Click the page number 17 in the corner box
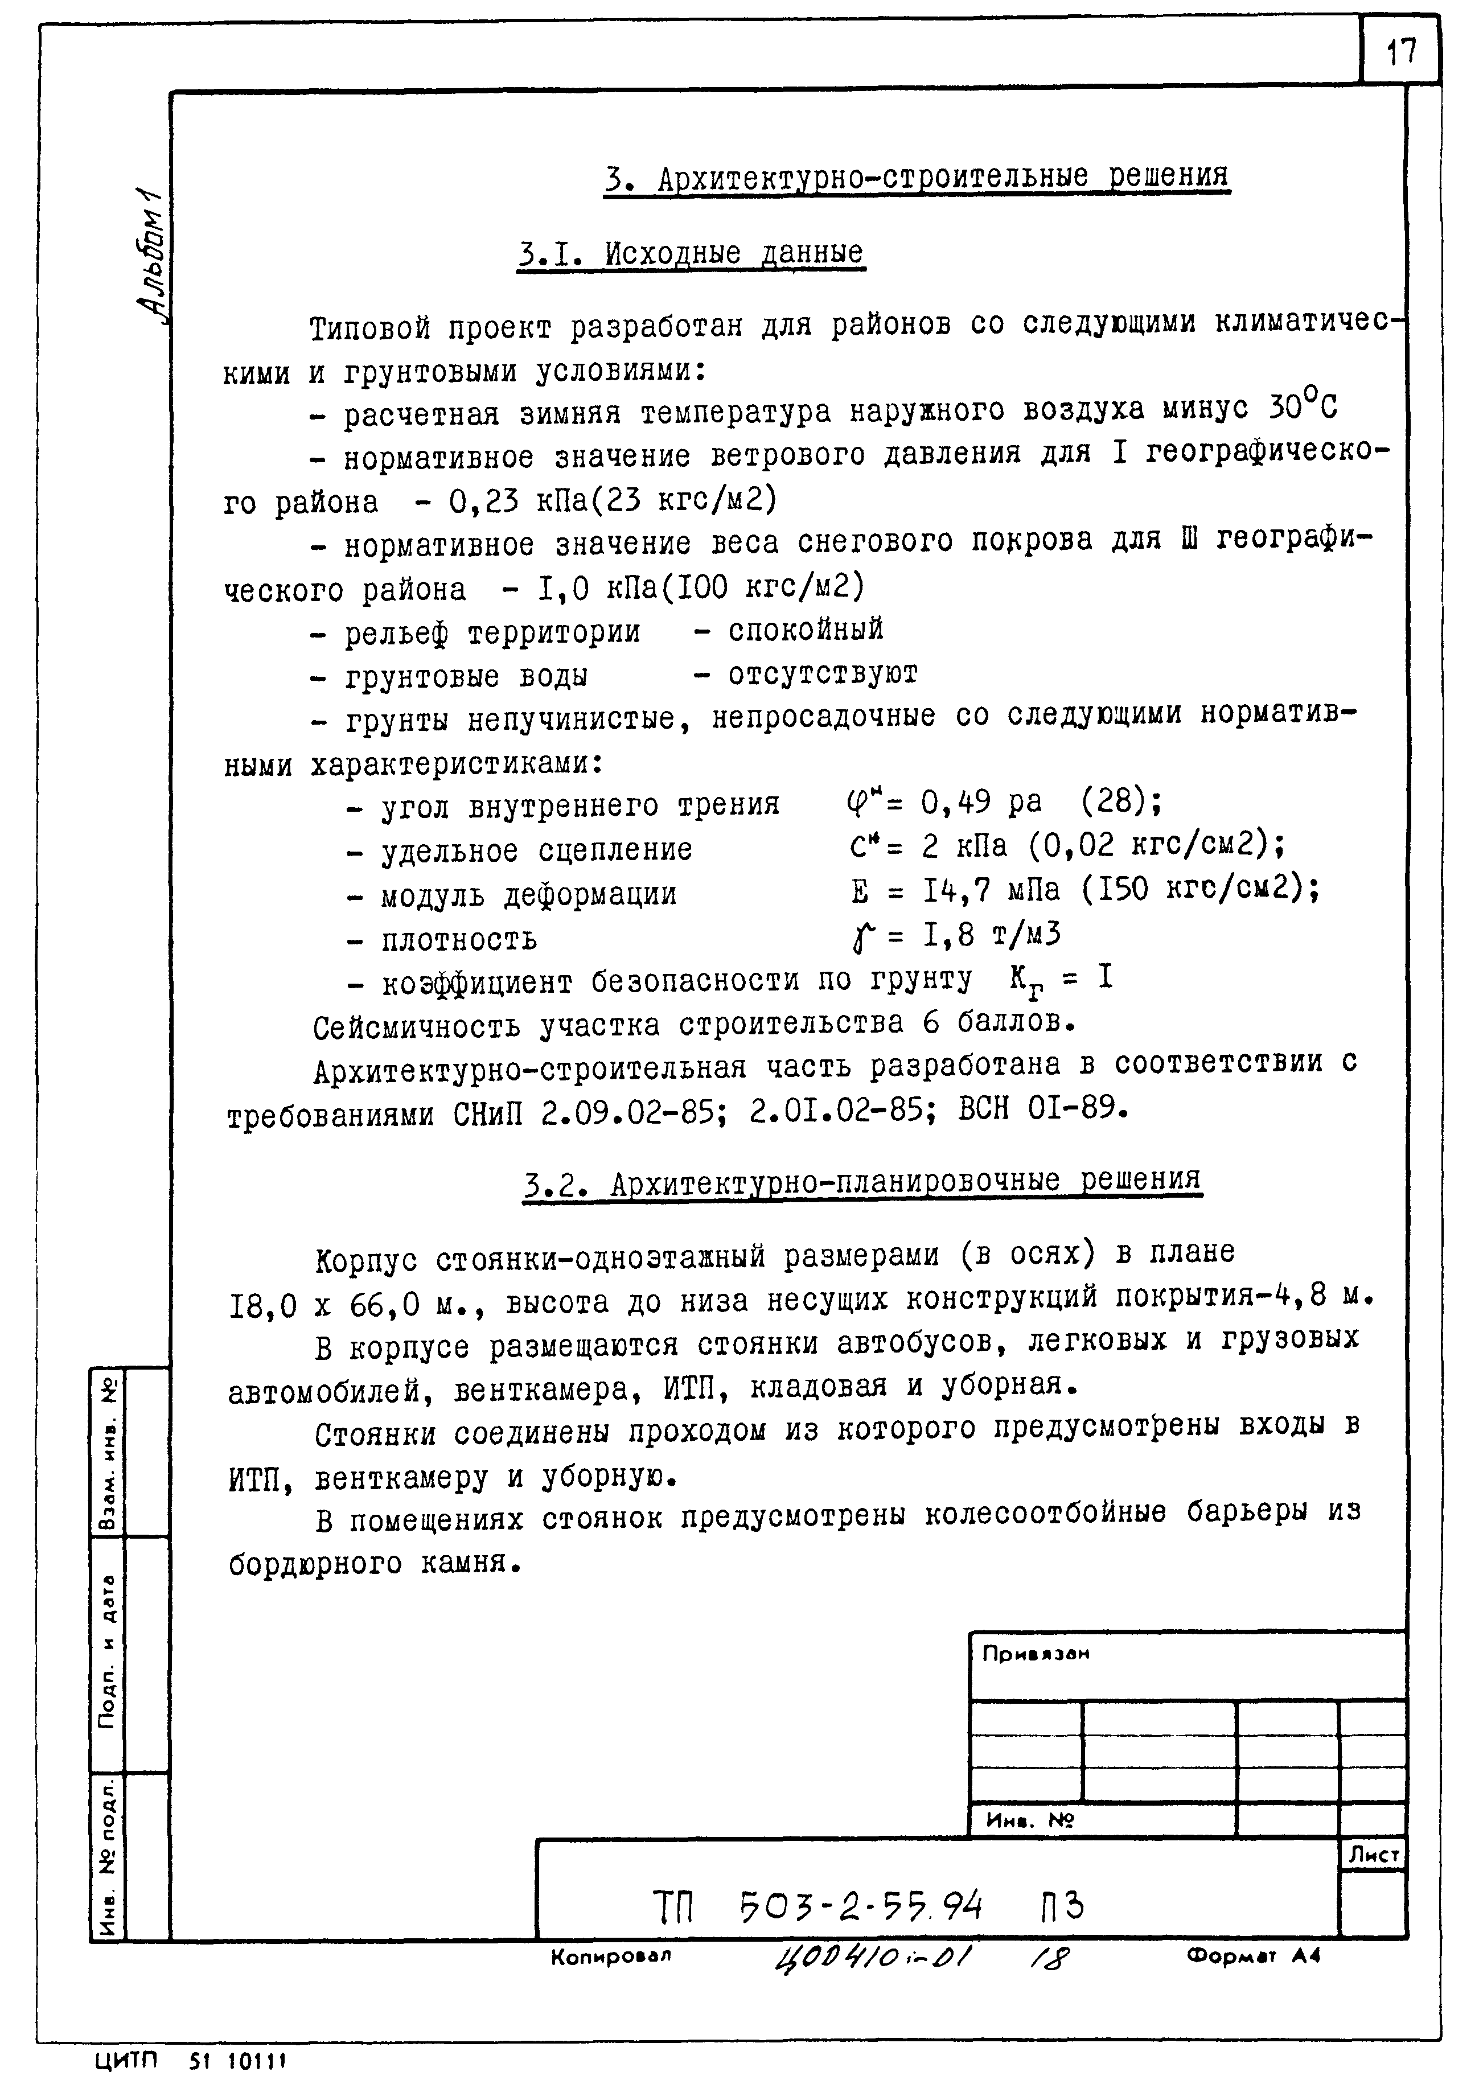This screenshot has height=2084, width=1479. (x=1400, y=52)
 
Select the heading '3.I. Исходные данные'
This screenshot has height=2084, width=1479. (x=691, y=254)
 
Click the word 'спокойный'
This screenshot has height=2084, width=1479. (x=805, y=629)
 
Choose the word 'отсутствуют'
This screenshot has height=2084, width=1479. (x=823, y=674)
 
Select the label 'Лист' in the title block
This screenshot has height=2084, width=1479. (x=1373, y=1855)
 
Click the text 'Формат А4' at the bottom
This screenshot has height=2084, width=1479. (x=1252, y=1955)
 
